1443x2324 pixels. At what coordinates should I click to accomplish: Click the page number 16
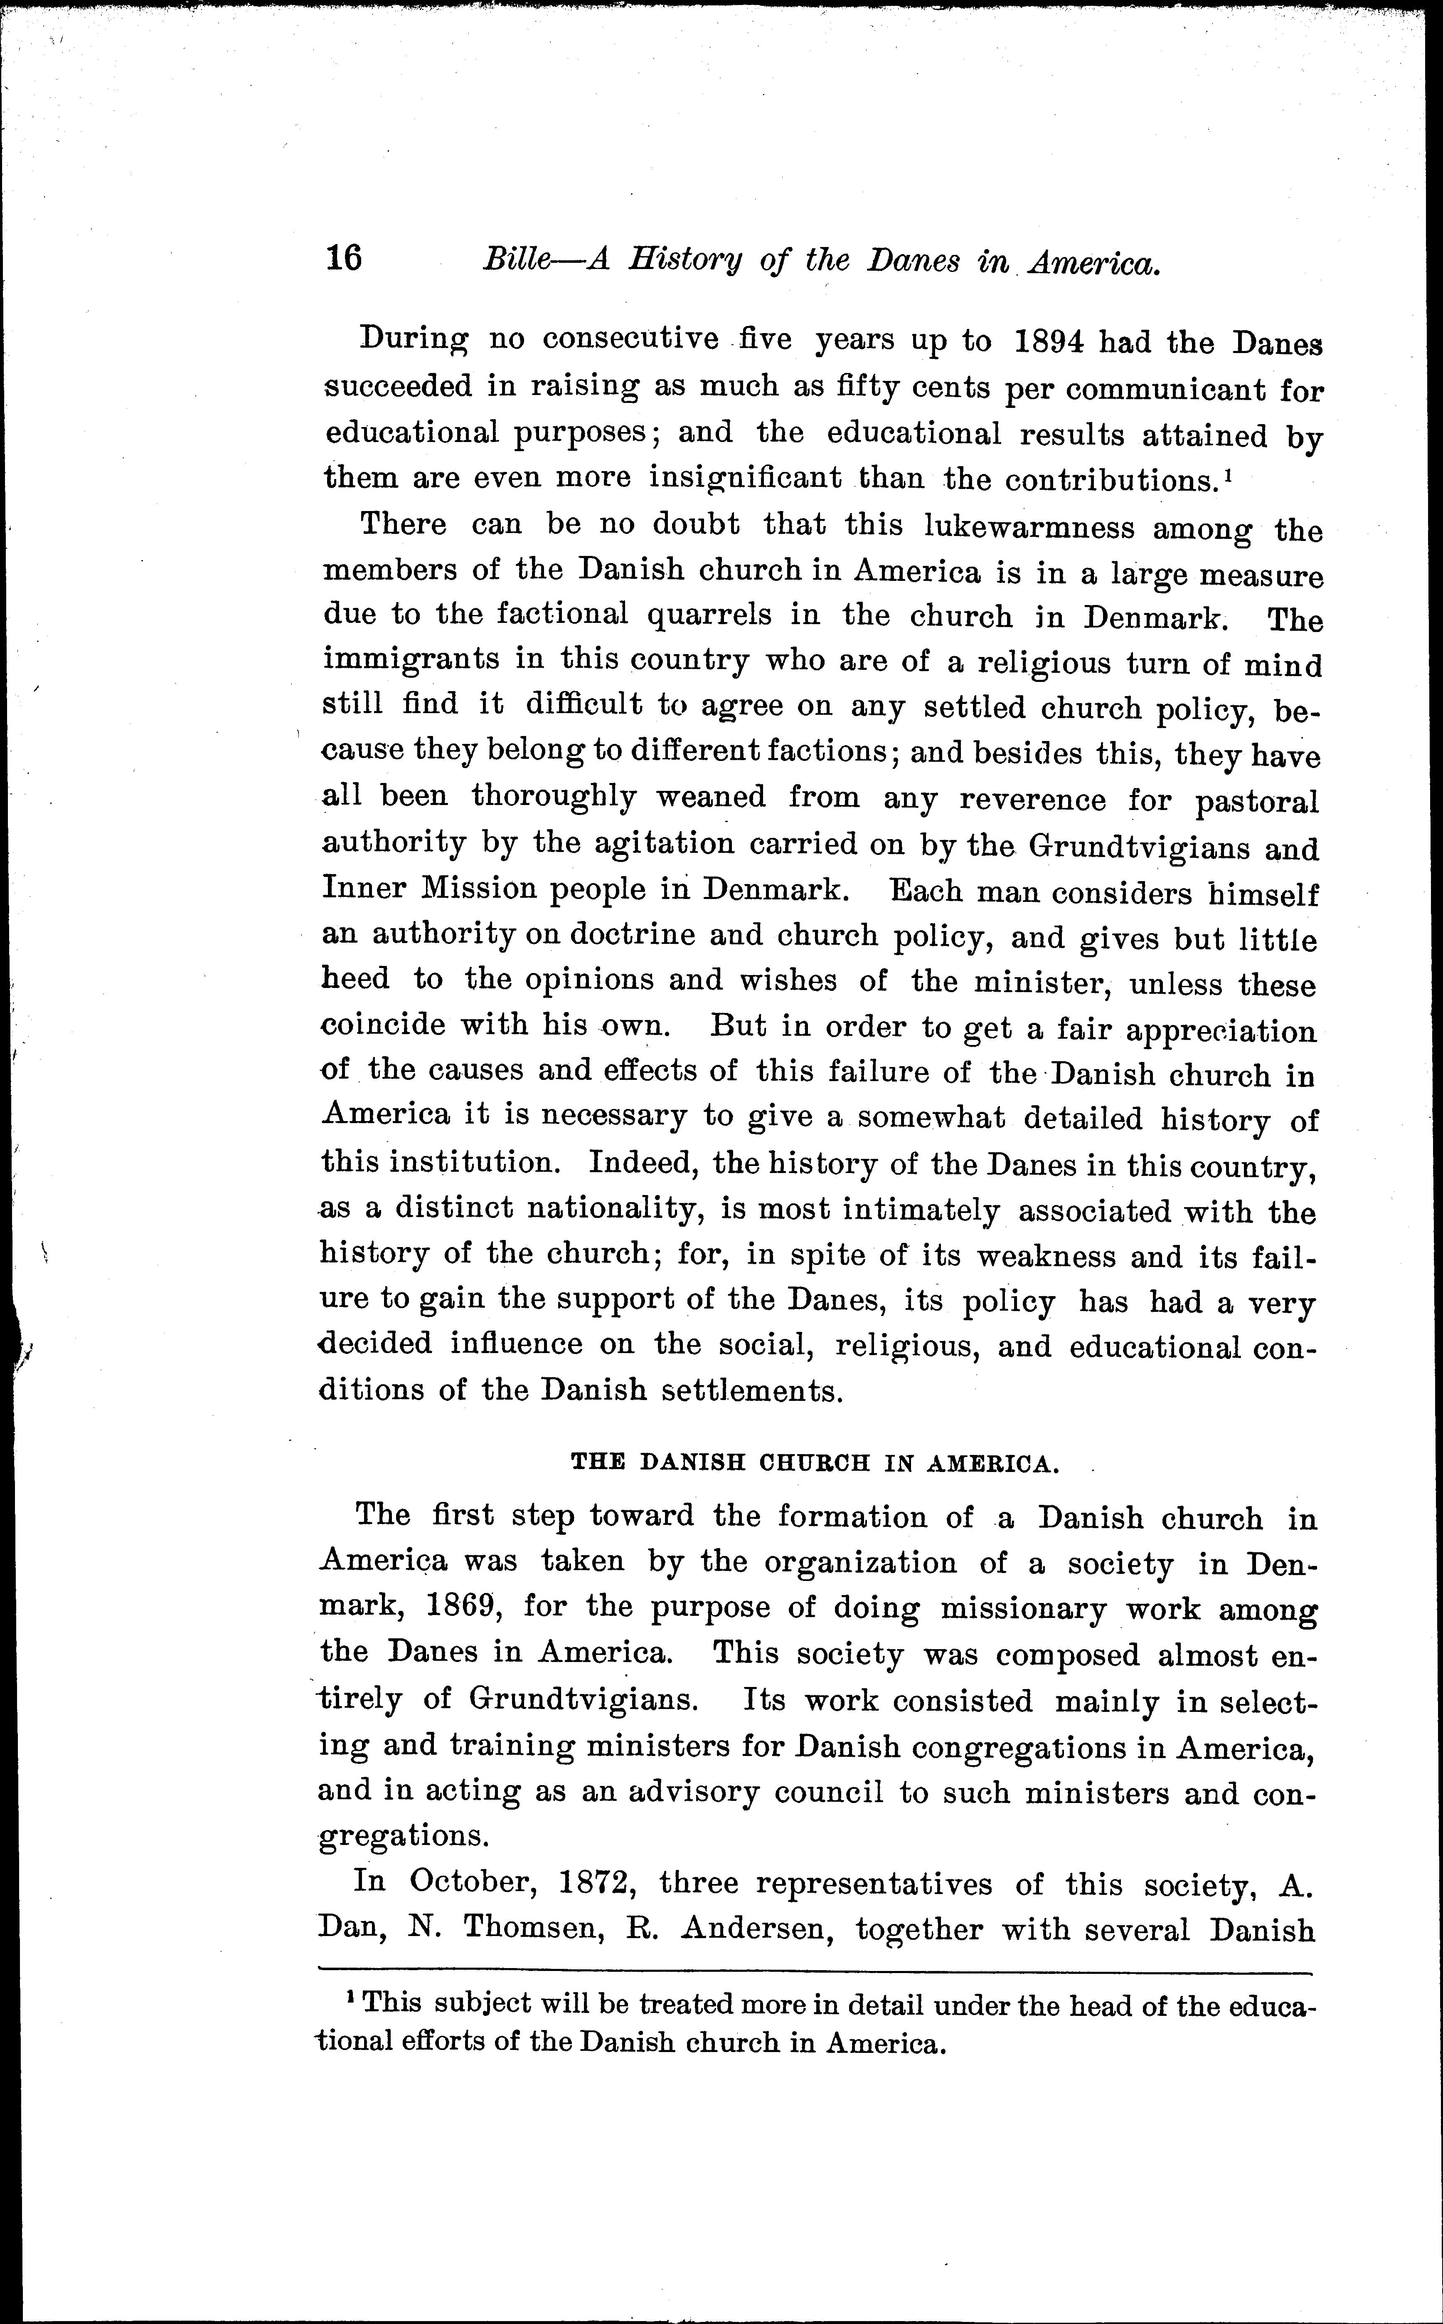click(344, 258)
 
